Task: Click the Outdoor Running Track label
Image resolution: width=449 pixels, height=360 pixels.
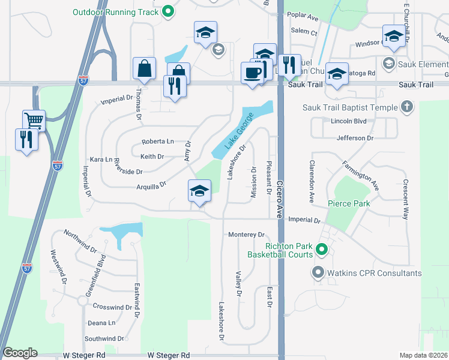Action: click(116, 11)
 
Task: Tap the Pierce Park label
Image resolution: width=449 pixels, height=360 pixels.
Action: click(349, 203)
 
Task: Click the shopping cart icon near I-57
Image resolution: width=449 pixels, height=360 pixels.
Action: click(34, 120)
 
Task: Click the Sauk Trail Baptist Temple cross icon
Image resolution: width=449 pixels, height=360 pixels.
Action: click(407, 107)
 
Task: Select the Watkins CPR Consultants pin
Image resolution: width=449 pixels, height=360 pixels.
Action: click(318, 273)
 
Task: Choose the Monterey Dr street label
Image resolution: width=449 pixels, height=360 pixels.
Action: click(246, 235)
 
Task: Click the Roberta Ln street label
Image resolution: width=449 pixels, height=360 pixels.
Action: click(157, 142)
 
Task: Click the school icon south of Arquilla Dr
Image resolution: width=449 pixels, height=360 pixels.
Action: click(199, 191)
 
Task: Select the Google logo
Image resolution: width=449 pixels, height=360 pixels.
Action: click(20, 353)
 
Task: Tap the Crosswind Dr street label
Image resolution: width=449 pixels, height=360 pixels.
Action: click(112, 307)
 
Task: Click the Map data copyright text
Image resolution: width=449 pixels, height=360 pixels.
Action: click(423, 355)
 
